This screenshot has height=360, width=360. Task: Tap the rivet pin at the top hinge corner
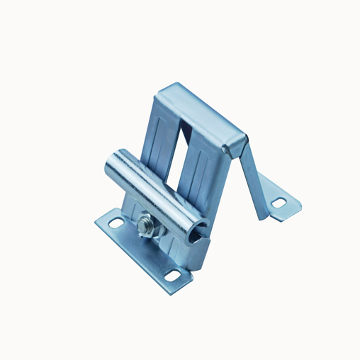point(226,149)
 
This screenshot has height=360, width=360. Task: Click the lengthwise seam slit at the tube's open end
point(203,227)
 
